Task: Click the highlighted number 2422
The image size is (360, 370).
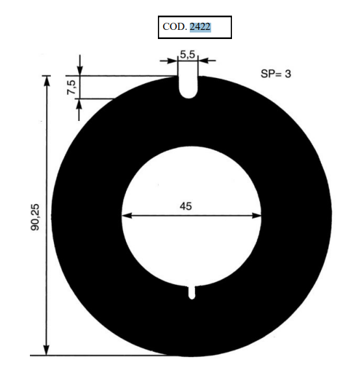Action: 200,27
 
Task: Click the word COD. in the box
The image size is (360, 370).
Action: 175,27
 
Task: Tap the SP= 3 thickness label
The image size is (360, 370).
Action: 276,74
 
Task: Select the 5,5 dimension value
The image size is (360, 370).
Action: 188,55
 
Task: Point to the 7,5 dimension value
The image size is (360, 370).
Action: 71,87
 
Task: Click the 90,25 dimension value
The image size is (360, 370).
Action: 35,217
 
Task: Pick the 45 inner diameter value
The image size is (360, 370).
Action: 186,206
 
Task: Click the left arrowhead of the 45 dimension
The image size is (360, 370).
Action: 127,215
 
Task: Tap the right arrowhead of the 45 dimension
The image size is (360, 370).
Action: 257,215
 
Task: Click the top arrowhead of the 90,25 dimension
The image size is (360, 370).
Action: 47,81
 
